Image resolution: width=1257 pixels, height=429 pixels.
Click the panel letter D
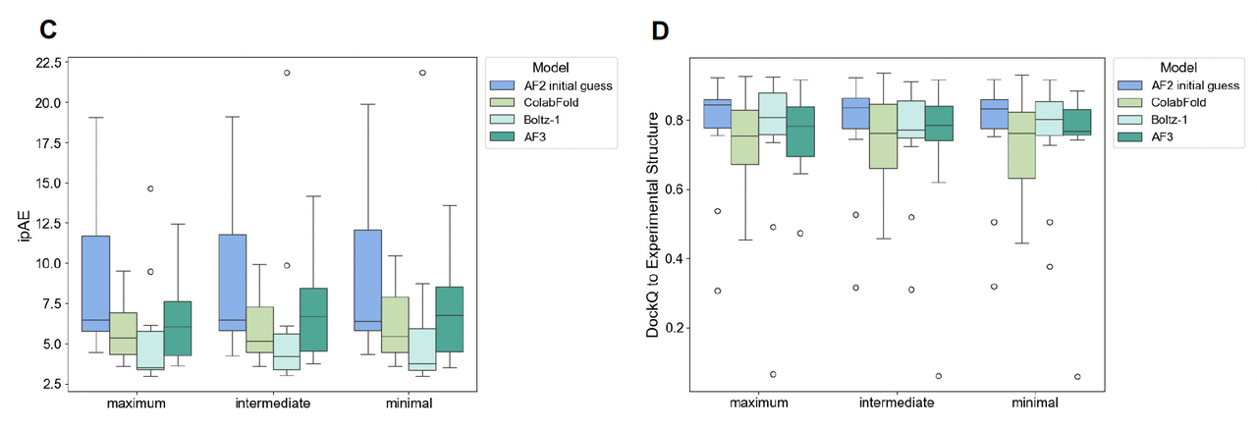pos(660,30)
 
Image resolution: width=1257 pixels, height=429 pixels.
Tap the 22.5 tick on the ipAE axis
pos(47,63)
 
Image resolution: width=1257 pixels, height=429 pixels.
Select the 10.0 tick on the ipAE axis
pos(47,263)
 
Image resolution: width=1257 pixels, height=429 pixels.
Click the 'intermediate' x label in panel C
pos(274,403)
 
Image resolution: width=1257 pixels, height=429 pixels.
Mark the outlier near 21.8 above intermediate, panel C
pos(287,73)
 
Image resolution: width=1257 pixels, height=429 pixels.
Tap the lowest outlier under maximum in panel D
pos(774,374)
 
